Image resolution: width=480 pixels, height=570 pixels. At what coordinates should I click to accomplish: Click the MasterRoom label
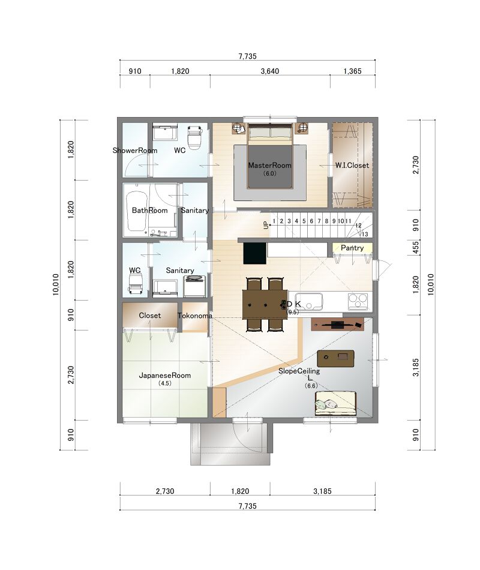pyautogui.click(x=269, y=166)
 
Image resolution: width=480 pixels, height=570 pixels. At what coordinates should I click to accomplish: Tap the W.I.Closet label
pyautogui.click(x=352, y=166)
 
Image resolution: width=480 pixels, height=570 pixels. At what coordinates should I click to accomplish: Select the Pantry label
pyautogui.click(x=352, y=248)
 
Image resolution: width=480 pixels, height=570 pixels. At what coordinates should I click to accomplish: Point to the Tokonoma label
pyautogui.click(x=195, y=316)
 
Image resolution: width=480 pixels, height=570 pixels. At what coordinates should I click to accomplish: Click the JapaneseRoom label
pyautogui.click(x=165, y=376)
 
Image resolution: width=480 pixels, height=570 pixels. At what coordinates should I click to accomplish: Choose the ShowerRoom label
pyautogui.click(x=135, y=151)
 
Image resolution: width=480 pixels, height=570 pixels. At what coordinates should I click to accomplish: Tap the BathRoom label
pyautogui.click(x=150, y=211)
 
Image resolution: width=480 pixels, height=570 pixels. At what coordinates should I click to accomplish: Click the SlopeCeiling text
pyautogui.click(x=299, y=371)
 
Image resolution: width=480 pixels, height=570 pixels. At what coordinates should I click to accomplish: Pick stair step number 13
pyautogui.click(x=365, y=234)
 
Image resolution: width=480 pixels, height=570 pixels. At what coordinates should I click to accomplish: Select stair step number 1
pyautogui.click(x=274, y=221)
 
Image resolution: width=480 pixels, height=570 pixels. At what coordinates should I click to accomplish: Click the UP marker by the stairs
pyautogui.click(x=266, y=226)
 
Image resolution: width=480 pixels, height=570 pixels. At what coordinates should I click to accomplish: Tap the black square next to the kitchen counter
pyautogui.click(x=255, y=253)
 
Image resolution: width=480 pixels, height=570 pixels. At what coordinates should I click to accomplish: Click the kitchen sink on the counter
pyautogui.click(x=309, y=301)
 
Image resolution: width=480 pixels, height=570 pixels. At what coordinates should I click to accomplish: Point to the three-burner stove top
pyautogui.click(x=358, y=301)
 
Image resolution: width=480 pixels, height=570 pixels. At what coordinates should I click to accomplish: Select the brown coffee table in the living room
pyautogui.click(x=335, y=358)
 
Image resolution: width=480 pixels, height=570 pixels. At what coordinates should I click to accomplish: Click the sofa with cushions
pyautogui.click(x=335, y=403)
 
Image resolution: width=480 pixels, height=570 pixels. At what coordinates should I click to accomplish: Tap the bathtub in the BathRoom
pyautogui.click(x=137, y=211)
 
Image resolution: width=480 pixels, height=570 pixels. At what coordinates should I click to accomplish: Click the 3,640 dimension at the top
pyautogui.click(x=270, y=71)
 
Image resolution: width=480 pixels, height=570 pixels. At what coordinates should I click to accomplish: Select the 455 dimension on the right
pyautogui.click(x=416, y=248)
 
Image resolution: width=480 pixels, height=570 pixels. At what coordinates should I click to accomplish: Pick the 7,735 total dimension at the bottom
pyautogui.click(x=248, y=506)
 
